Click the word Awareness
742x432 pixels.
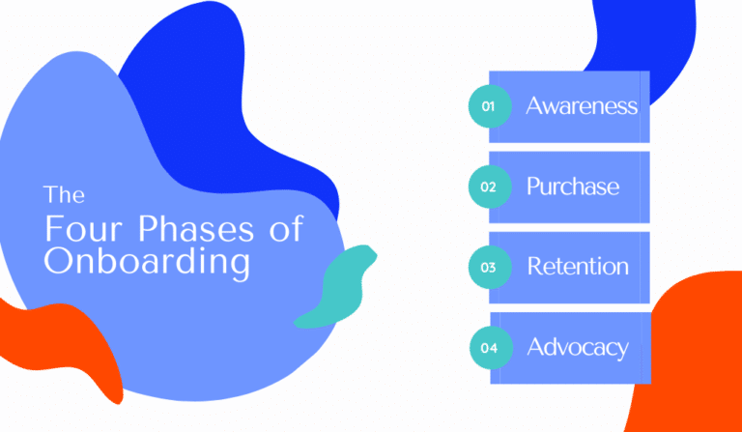pos(582,106)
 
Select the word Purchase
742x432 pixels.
pos(573,187)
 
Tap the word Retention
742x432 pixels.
pos(578,267)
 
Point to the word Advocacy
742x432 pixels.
pos(578,347)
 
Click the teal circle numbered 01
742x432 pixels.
pos(489,107)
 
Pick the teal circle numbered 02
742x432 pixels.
pos(489,187)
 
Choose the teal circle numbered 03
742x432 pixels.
pos(489,268)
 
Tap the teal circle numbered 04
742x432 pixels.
pos(489,348)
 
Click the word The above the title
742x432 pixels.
pos(64,195)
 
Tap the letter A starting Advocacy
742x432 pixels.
pos(535,347)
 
